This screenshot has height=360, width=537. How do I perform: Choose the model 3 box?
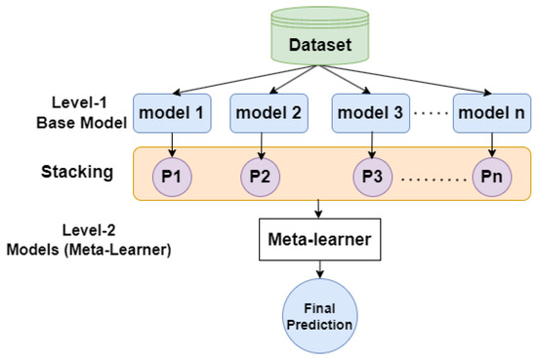point(369,114)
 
